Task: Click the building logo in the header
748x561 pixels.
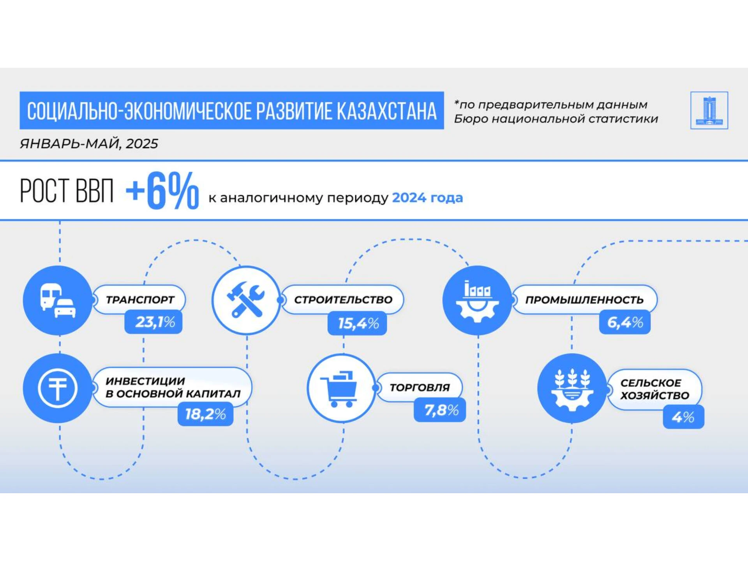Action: click(x=709, y=110)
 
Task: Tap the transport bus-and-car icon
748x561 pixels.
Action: click(x=58, y=300)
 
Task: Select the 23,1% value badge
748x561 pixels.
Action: click(x=153, y=322)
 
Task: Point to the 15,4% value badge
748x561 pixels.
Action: click(x=357, y=323)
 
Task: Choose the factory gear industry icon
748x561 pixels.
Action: click(x=477, y=300)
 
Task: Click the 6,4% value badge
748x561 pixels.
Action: click(x=625, y=322)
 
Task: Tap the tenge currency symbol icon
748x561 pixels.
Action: click(x=58, y=388)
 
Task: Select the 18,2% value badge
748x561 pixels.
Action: click(x=205, y=414)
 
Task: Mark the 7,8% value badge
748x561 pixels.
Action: click(x=440, y=410)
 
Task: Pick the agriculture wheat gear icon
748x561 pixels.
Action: click(x=572, y=388)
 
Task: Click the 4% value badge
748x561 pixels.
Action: click(x=683, y=417)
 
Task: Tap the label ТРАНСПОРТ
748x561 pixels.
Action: click(x=140, y=300)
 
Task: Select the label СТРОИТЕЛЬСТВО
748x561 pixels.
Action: click(x=343, y=300)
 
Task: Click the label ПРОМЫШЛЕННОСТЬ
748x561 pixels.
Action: click(x=584, y=300)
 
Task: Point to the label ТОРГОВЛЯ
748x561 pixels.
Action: click(x=420, y=387)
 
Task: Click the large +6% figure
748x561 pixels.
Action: click(x=162, y=191)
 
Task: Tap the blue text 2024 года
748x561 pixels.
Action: click(x=427, y=198)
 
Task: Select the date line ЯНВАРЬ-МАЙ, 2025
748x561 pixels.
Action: click(x=89, y=144)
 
